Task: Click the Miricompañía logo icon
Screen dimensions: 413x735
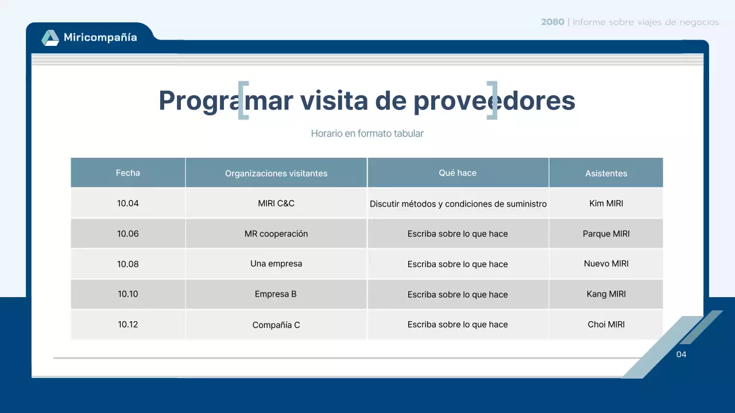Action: pos(50,38)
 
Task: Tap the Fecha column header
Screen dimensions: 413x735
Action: pos(127,173)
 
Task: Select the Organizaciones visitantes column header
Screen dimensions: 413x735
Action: pos(276,173)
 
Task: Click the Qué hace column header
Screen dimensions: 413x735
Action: pos(458,173)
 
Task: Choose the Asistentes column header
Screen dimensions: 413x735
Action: pos(606,173)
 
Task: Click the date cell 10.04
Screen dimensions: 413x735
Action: pos(127,203)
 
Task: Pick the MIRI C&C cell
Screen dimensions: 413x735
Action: pos(276,203)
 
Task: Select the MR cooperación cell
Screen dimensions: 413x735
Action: pos(276,233)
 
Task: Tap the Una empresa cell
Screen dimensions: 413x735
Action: pos(276,263)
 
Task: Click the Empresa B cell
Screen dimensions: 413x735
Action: pos(276,294)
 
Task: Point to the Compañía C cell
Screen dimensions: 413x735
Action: pos(276,325)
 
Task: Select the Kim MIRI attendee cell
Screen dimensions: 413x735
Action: pos(606,203)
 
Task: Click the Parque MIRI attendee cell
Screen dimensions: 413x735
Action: pos(606,233)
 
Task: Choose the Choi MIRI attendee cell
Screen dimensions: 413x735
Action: pos(606,324)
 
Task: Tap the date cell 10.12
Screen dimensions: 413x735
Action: pos(127,324)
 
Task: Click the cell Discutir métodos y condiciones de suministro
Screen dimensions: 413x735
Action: pos(458,204)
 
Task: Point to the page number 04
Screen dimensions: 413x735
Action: pos(681,354)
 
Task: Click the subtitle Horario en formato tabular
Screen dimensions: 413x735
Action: pos(367,133)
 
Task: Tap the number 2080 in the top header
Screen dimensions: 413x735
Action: pos(552,22)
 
